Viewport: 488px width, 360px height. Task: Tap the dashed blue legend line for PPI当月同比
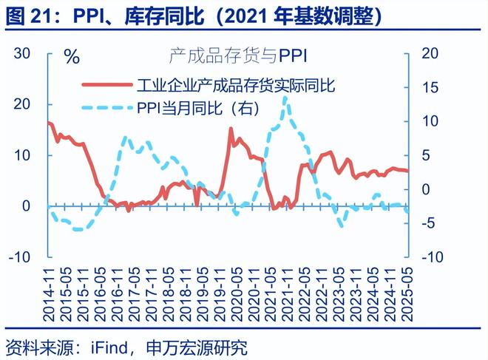click(105, 107)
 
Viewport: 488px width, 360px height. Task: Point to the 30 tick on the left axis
click(21, 53)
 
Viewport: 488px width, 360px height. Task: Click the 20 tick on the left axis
click(21, 104)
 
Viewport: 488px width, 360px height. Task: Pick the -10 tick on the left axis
click(19, 257)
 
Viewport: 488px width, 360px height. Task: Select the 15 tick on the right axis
click(430, 87)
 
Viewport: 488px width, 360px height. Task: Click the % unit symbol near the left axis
click(71, 58)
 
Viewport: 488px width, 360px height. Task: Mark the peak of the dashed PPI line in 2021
click(285, 98)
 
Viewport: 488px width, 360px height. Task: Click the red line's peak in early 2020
click(231, 129)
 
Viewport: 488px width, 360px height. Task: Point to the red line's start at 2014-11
click(49, 122)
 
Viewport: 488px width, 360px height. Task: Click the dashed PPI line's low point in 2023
click(341, 225)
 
